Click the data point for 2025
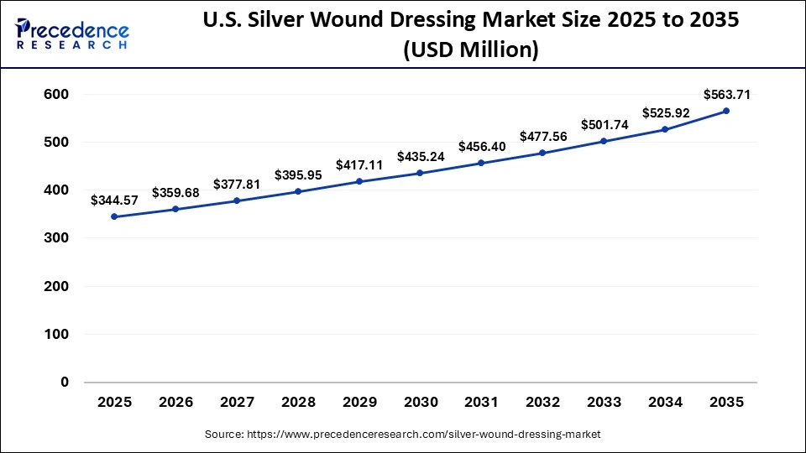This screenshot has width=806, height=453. click(x=114, y=216)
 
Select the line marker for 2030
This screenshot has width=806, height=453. click(x=420, y=173)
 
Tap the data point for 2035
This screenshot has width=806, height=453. click(x=726, y=111)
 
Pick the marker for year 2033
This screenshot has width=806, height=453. click(x=604, y=141)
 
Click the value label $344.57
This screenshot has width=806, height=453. click(x=114, y=200)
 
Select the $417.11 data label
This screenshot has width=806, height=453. click(x=359, y=165)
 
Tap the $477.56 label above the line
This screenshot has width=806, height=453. click(x=542, y=136)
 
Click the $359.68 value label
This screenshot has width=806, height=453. click(x=175, y=192)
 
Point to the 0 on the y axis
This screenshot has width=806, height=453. click(x=65, y=383)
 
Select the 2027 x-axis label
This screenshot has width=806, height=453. click(x=237, y=403)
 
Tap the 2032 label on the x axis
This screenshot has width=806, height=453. click(x=542, y=403)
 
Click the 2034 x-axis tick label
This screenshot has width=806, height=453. click(x=665, y=403)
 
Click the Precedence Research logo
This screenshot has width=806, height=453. click(x=72, y=34)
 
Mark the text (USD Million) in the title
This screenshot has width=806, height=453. click(x=470, y=50)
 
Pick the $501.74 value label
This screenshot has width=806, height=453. click(x=604, y=125)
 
